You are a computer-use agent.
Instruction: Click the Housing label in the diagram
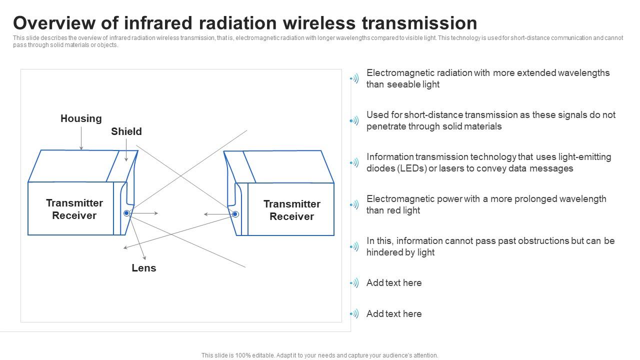click(x=81, y=118)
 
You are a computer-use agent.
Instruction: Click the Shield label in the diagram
click(x=126, y=131)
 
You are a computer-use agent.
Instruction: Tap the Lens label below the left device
click(x=144, y=268)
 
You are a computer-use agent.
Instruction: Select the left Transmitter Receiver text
click(x=74, y=209)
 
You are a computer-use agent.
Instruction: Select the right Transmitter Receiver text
click(x=291, y=210)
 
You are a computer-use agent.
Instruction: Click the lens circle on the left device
click(x=126, y=213)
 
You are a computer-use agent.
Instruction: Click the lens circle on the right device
click(x=235, y=214)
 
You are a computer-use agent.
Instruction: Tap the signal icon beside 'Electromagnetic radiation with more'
click(x=354, y=78)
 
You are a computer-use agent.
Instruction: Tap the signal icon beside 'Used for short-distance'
click(x=354, y=120)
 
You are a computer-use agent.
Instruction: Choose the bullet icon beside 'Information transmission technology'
click(x=354, y=162)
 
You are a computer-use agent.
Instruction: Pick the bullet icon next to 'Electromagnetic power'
click(x=354, y=204)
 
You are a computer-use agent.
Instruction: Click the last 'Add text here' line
click(x=394, y=314)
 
